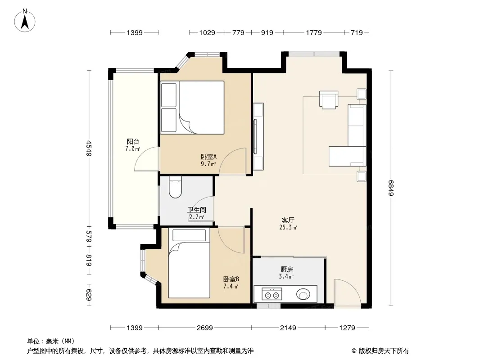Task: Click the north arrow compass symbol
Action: click(x=25, y=21)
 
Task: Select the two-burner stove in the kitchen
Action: click(x=272, y=294)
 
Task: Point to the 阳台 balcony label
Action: click(x=133, y=142)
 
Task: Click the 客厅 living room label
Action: click(x=288, y=220)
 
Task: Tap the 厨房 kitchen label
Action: click(x=287, y=270)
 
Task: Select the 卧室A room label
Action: click(x=209, y=157)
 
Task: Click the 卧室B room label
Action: click(x=231, y=279)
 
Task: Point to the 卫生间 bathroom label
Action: click(x=196, y=210)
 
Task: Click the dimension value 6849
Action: click(x=391, y=188)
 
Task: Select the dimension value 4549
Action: click(x=88, y=148)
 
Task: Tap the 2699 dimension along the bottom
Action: click(x=205, y=328)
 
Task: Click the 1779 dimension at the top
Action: click(x=314, y=32)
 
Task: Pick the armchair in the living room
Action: click(x=328, y=100)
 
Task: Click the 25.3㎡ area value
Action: click(x=288, y=227)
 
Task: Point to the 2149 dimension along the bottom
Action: click(x=288, y=328)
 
